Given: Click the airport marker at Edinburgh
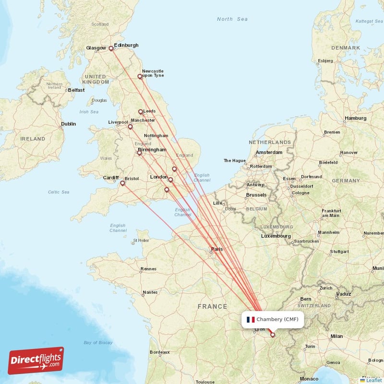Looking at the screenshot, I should point(111,48).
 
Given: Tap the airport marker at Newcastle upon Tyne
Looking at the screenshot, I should point(140,76).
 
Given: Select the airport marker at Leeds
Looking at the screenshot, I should point(141,112).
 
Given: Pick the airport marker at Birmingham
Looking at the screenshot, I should point(139,153).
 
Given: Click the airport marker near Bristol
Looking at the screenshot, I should point(122,183).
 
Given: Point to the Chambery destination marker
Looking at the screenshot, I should point(273,335).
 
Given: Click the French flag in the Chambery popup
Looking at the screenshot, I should point(251,319).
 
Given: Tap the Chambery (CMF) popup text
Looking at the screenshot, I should point(277,319).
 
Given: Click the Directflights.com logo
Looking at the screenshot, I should point(36,360).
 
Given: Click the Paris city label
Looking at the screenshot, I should point(217,249).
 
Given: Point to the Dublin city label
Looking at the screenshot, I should point(68,124).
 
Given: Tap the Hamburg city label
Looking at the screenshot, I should point(355,118).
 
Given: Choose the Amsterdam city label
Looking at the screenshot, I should point(269,152).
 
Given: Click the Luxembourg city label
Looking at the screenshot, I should point(276,236).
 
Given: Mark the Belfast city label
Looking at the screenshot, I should point(76,90).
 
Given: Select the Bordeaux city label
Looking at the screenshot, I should point(159,352).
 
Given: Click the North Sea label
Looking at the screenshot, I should point(232,19).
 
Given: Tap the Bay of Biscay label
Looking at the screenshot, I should point(98,342).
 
